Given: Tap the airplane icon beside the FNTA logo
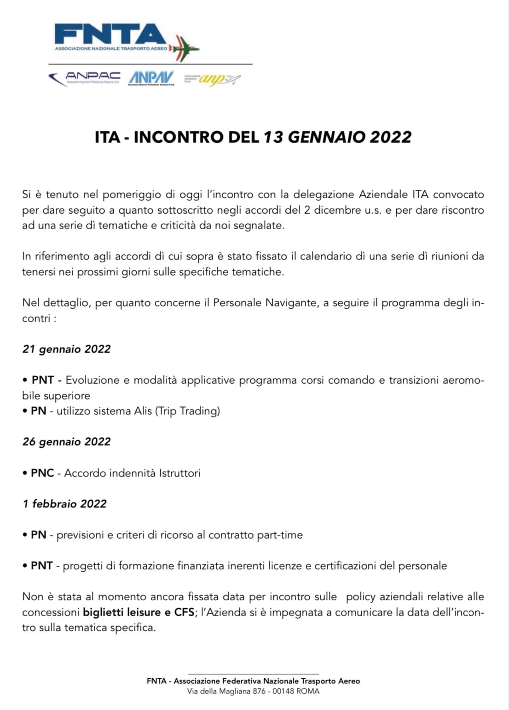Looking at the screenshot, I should click(x=185, y=47).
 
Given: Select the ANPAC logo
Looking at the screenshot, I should click(x=85, y=78).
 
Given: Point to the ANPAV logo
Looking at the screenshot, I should click(x=151, y=78).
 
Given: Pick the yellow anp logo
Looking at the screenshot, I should click(x=213, y=79).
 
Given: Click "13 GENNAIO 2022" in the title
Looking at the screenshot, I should click(x=337, y=137).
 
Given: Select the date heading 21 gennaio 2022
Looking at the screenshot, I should click(x=67, y=349).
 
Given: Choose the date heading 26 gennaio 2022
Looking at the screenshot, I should click(x=67, y=441).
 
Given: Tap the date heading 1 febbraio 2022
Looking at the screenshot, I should click(x=64, y=504).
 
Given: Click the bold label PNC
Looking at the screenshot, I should click(x=42, y=473).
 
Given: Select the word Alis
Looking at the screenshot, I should click(x=143, y=411).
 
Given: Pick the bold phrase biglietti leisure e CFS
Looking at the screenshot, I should click(x=139, y=612).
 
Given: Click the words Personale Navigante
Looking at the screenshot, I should click(x=266, y=303).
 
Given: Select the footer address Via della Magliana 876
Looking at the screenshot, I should click(x=226, y=691).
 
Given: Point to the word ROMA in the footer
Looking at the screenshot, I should click(x=307, y=691).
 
